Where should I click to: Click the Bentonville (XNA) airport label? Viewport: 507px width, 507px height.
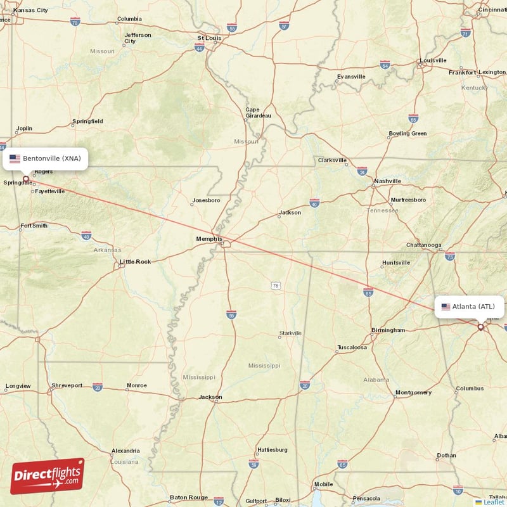[x=45, y=158]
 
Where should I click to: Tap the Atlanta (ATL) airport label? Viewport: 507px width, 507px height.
[x=469, y=307]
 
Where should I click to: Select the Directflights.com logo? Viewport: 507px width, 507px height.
[x=48, y=476]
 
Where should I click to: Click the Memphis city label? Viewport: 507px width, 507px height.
[x=209, y=239]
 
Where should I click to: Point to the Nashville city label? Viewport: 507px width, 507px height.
[x=387, y=181]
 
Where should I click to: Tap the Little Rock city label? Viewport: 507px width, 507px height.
[x=136, y=261]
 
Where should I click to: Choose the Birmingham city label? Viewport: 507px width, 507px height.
[x=388, y=330]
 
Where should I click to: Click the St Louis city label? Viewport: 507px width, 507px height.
[x=209, y=37]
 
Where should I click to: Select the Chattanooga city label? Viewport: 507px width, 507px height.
[x=424, y=245]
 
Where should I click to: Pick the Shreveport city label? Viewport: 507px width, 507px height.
[x=67, y=385]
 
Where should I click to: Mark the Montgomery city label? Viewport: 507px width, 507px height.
[x=413, y=392]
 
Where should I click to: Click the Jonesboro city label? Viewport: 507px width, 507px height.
[x=205, y=200]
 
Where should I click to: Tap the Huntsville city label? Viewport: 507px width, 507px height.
[x=397, y=263]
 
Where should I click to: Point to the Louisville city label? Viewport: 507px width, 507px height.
[x=433, y=60]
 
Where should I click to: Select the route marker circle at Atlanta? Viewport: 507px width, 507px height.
[x=480, y=327]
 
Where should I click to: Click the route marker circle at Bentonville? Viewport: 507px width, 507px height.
[x=26, y=179]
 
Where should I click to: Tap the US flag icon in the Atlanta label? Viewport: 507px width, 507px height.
[x=446, y=307]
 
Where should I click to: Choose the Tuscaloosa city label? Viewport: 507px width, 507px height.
[x=352, y=347]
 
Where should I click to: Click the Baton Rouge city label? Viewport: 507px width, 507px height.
[x=189, y=497]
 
